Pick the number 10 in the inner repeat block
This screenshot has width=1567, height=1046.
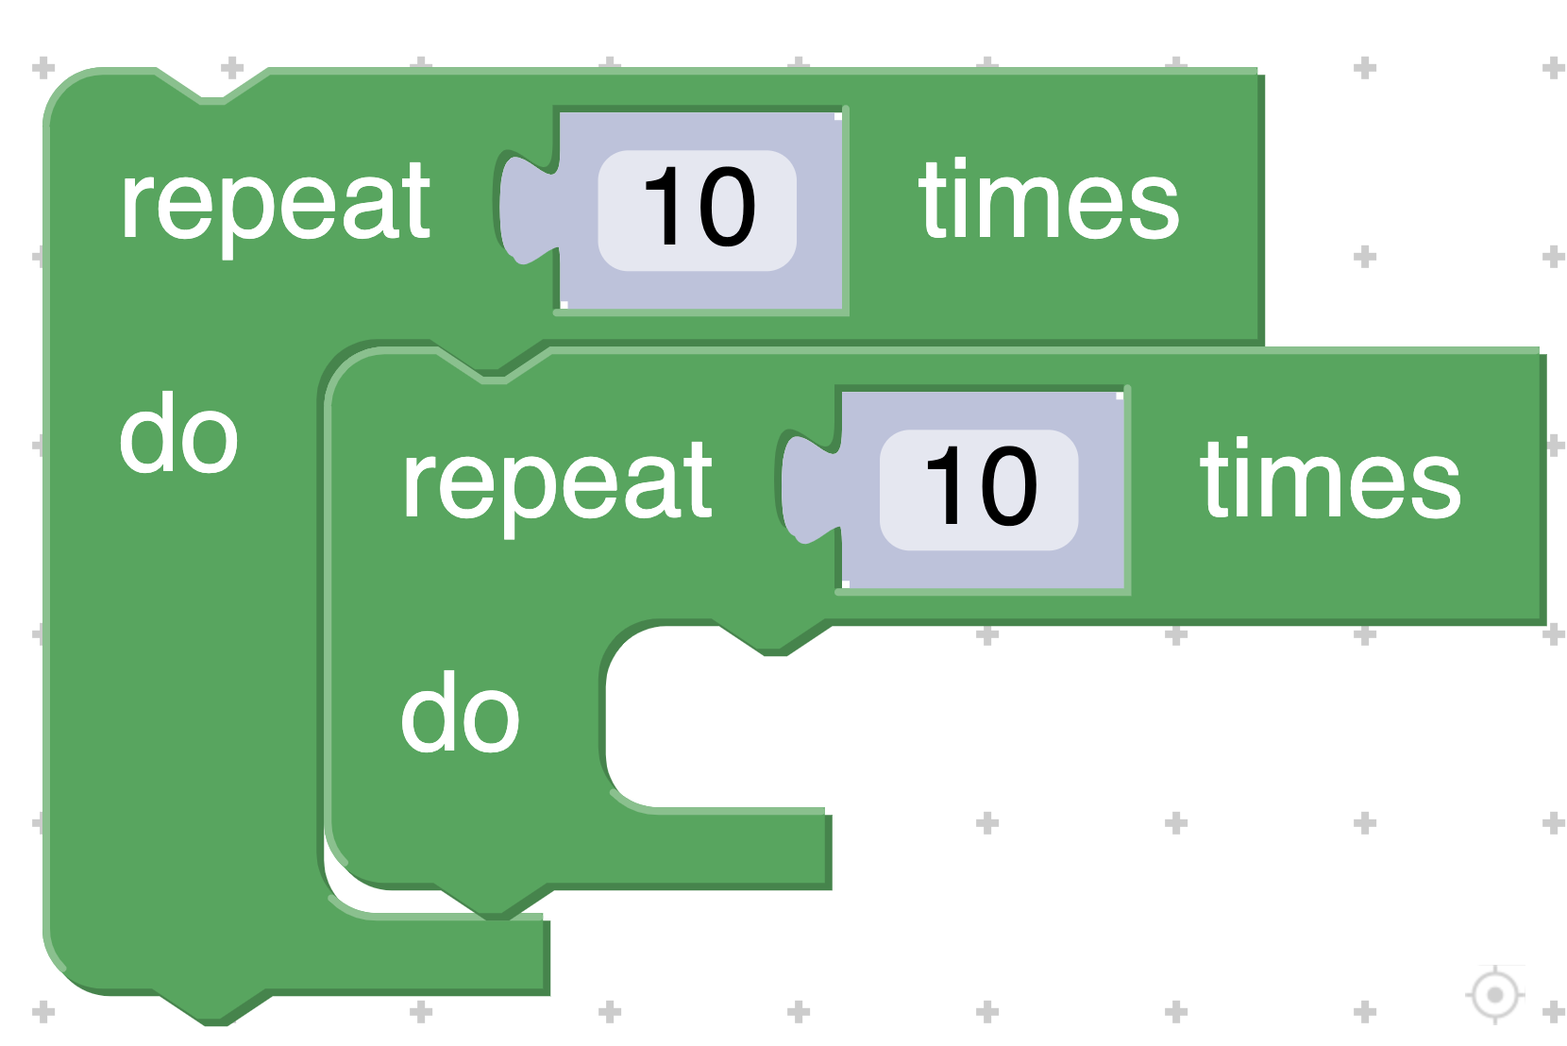pyautogui.click(x=980, y=487)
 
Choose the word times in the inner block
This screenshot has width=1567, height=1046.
pyautogui.click(x=1329, y=481)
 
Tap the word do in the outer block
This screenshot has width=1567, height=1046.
pyautogui.click(x=178, y=434)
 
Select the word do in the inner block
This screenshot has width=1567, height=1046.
pyautogui.click(x=460, y=714)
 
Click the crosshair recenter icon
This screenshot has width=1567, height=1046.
pyautogui.click(x=1494, y=994)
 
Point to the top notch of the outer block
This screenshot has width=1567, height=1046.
pyautogui.click(x=212, y=87)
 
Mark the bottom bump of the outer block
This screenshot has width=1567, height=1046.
pyautogui.click(x=212, y=1008)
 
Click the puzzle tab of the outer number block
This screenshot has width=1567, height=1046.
pyautogui.click(x=524, y=208)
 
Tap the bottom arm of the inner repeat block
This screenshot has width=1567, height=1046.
pyautogui.click(x=661, y=850)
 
